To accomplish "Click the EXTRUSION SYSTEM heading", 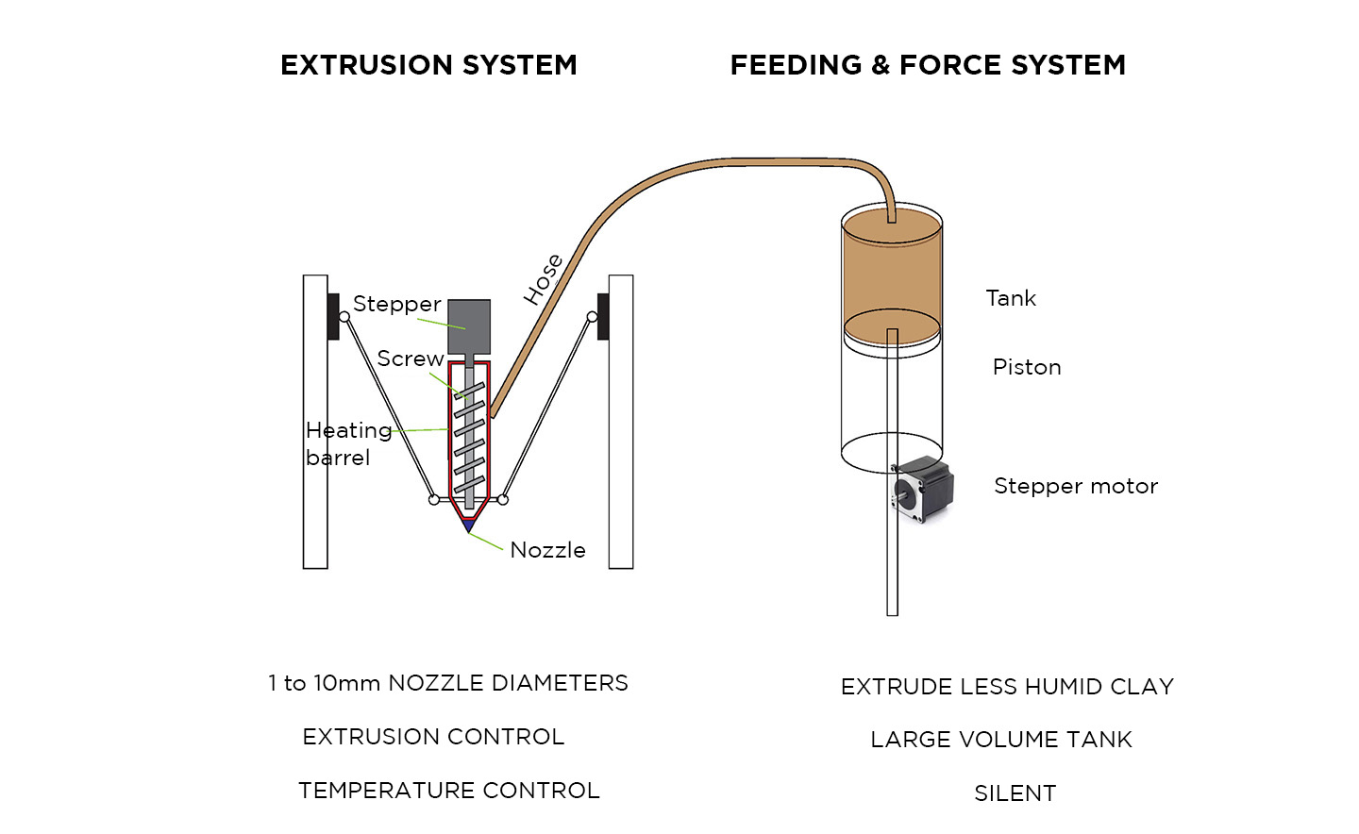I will [x=428, y=65].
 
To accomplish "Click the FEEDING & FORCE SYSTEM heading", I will [x=928, y=65].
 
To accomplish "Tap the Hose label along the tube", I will [x=544, y=279].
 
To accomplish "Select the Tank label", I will [x=1011, y=298].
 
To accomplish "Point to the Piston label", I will [x=1027, y=367].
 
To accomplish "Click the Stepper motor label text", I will [x=1075, y=486].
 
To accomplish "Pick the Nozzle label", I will [x=547, y=550].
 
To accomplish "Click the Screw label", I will [x=410, y=359].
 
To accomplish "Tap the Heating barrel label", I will [x=347, y=443].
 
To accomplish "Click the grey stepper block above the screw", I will [x=469, y=326].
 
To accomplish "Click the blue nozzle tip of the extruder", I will [x=468, y=525].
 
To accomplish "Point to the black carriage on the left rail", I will [x=333, y=316].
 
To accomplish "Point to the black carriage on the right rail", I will [x=603, y=316].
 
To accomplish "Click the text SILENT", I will [x=1015, y=793].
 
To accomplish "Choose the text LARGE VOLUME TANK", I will [x=1001, y=740].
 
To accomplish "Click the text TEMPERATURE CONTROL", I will [x=449, y=791].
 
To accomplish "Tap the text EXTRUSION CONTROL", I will [x=433, y=737].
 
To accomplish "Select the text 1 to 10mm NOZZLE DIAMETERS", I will [x=448, y=683].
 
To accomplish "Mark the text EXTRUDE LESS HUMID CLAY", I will [x=1007, y=687].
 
